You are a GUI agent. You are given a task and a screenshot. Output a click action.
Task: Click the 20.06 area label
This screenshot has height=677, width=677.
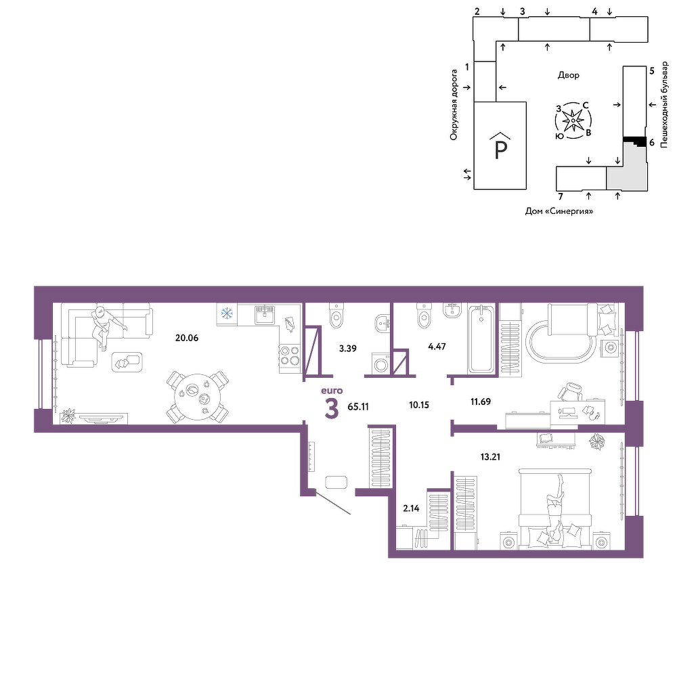pos(187,338)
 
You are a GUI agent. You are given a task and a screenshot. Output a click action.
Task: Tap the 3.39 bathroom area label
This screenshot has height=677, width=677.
pos(347,348)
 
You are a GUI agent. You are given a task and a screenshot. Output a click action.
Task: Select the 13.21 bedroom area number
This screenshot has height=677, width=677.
pos(490,456)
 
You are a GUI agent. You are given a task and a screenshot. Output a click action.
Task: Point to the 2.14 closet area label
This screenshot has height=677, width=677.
pos(411,508)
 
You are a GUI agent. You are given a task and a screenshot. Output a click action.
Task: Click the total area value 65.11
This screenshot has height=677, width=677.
pos(358,406)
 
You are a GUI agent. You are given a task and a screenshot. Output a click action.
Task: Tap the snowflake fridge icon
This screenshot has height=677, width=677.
pos(227,313)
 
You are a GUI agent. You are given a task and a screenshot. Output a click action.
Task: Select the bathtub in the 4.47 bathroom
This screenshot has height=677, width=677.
pos(481,338)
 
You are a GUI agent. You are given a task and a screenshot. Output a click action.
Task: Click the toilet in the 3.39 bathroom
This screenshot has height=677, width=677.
pos(336,315)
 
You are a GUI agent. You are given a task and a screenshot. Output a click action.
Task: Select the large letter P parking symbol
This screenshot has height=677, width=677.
pos(500,150)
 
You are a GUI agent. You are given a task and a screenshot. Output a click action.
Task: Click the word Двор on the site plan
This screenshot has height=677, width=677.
pos(568,75)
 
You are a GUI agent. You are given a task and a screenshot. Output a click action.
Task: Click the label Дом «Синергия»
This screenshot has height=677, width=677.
pos(559,211)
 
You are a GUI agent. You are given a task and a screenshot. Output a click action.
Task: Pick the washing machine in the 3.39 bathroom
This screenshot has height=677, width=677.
pos(380,363)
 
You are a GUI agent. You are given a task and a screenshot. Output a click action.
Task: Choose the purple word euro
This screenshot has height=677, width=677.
pos(332,391)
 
